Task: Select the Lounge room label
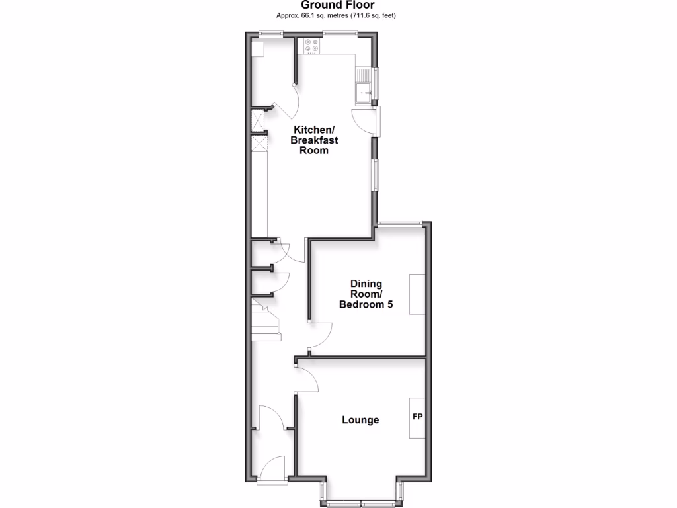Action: click(x=360, y=420)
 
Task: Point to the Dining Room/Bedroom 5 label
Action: click(x=362, y=294)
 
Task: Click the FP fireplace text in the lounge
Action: click(x=417, y=417)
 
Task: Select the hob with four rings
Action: click(x=311, y=46)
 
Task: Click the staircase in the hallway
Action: click(x=266, y=320)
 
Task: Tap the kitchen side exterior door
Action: click(x=364, y=122)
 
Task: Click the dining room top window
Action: click(x=400, y=223)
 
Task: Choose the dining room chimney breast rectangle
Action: click(x=417, y=294)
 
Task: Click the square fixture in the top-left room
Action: click(x=258, y=48)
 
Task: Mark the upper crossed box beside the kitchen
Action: click(x=259, y=120)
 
